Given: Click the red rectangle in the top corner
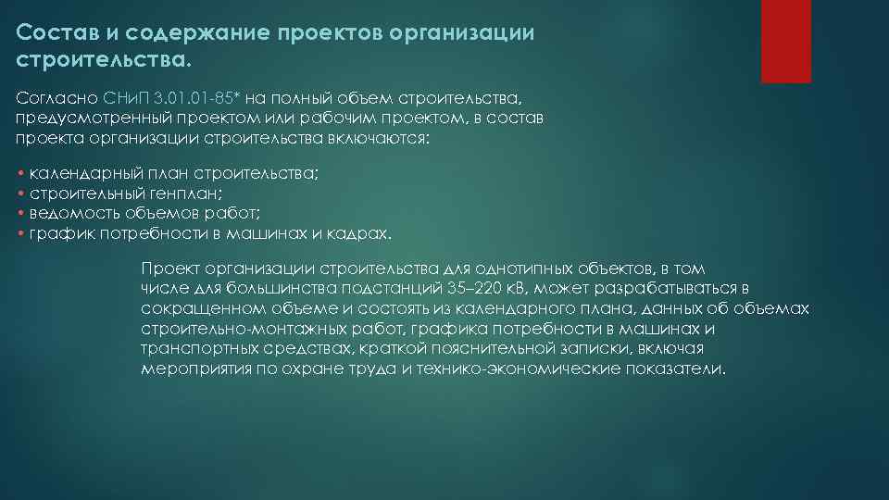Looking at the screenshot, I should tap(785, 41).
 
